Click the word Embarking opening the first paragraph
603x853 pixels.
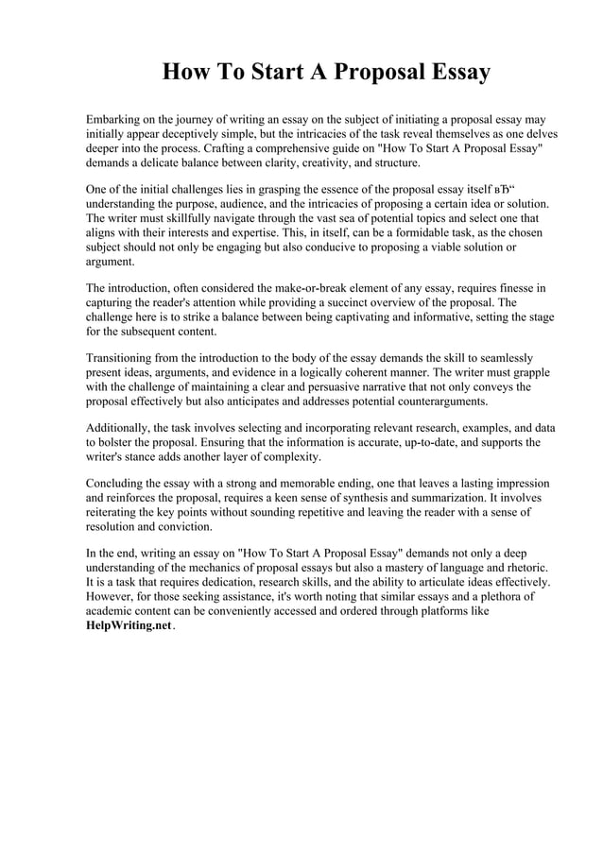coord(116,120)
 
